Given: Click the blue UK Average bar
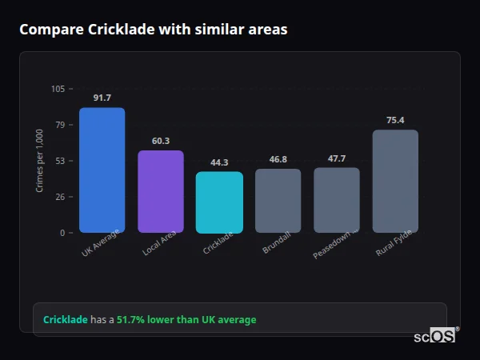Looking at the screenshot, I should coord(102,170).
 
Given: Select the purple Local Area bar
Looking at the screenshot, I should coord(161,192).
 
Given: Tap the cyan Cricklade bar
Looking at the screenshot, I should coord(219,202).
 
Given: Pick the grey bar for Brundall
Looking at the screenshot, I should coord(278,201).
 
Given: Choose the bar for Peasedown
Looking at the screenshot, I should coord(336,200).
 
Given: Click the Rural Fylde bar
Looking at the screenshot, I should coord(395,182).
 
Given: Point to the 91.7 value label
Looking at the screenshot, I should coord(102,98).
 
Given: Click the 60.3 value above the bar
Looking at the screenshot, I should coord(161,141).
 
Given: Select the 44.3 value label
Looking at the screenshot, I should coord(219,162).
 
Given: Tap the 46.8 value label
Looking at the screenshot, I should coord(278,159).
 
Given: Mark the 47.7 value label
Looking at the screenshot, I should coord(336,158).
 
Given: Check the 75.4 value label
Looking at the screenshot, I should coord(395,120).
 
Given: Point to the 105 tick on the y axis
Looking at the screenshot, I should coord(58,89).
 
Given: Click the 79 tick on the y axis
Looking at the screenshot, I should coord(60,125).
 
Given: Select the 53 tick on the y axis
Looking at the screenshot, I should coord(60,161).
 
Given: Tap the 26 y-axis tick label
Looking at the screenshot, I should coord(60,197).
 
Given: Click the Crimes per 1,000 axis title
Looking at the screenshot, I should coord(40,160).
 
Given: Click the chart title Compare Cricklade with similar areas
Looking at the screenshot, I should coord(153,30).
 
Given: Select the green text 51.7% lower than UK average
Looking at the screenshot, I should coord(186,320).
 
